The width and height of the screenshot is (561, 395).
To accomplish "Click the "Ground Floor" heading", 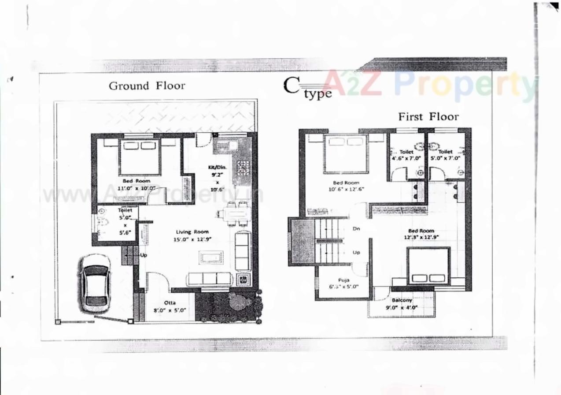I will point(147,86).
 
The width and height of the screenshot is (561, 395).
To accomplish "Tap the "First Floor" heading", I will point(428,117).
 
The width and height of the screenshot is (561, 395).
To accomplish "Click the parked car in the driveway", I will point(95,283).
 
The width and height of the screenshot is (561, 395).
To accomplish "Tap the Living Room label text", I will point(192,232).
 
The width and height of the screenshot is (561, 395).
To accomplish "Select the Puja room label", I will point(343,280).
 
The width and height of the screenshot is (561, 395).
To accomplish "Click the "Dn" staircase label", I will point(357,229).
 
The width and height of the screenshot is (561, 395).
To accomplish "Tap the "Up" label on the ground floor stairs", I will point(144,255).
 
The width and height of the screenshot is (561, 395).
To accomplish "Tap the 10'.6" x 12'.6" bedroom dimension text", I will point(346,189).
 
